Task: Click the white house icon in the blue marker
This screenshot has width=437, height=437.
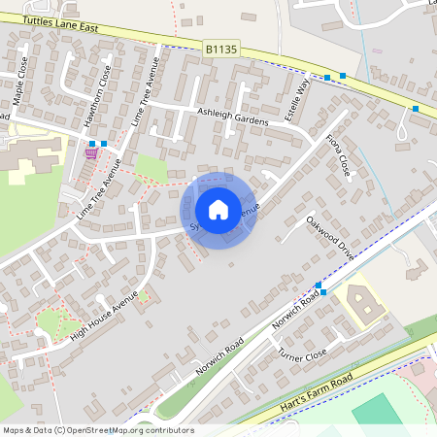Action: [218, 209]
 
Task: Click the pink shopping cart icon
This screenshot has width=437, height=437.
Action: [91, 151]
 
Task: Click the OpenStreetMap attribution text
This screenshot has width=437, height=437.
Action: [98, 430]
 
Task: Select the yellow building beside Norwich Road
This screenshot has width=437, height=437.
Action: [364, 302]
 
